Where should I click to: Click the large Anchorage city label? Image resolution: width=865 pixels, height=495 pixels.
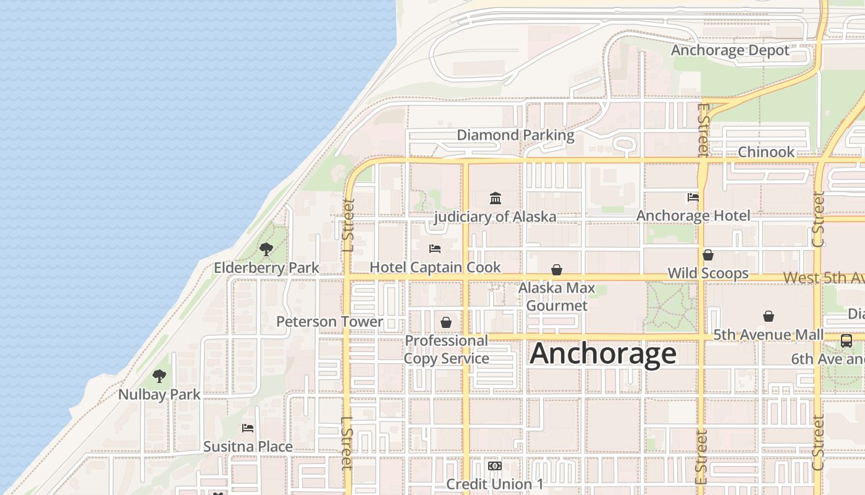tap(603, 354)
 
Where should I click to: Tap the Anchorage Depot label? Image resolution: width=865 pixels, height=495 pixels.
tap(730, 50)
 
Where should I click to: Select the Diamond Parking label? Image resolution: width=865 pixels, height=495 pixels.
tap(515, 135)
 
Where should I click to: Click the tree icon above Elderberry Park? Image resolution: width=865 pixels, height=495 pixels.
tap(266, 249)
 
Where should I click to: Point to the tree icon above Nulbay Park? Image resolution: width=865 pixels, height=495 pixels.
tap(159, 376)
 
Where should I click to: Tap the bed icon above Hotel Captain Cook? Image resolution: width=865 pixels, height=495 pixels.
tap(435, 249)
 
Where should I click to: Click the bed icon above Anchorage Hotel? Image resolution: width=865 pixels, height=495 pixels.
tap(693, 197)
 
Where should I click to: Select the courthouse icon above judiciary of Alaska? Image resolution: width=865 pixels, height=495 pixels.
tap(496, 198)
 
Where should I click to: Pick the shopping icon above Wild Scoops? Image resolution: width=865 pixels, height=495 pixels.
tap(708, 255)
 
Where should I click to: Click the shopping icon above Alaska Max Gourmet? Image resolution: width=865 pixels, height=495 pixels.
tap(557, 270)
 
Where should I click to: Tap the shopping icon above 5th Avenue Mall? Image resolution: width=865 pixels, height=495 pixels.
tap(769, 316)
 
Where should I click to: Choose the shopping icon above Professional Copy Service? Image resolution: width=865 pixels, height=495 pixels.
tap(446, 322)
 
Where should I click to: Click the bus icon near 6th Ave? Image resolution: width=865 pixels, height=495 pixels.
tap(846, 340)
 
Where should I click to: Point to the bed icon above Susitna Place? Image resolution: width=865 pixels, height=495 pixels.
tap(248, 428)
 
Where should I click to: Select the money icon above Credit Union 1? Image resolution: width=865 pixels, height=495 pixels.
tap(494, 466)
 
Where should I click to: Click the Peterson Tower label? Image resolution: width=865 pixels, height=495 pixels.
tap(329, 322)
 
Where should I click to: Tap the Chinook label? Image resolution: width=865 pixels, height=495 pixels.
tap(766, 152)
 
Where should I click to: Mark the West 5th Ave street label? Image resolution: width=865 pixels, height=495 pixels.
tap(824, 278)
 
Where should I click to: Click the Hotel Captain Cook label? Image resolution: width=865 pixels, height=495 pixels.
tap(435, 267)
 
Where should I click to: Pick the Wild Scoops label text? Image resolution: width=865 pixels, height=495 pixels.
tap(708, 273)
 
